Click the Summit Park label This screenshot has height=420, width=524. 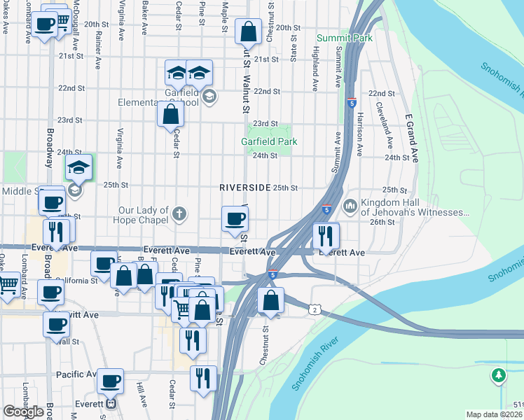pos(344,38)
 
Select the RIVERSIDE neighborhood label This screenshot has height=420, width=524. pos(244,188)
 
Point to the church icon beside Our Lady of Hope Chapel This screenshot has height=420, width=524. pos(179,213)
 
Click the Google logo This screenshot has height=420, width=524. pos(23,412)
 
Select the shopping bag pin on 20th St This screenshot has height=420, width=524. pos(248,31)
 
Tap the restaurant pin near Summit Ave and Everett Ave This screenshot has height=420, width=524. pos(326,236)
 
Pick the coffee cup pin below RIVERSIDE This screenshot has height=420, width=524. pos(235,218)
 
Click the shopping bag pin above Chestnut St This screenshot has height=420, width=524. pos(271,301)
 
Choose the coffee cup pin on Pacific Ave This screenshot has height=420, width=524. pos(110,381)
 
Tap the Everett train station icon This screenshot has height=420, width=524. pos(110,403)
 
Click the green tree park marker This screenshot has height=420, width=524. pos(499,376)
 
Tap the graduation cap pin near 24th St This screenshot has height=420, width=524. pos(79,167)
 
